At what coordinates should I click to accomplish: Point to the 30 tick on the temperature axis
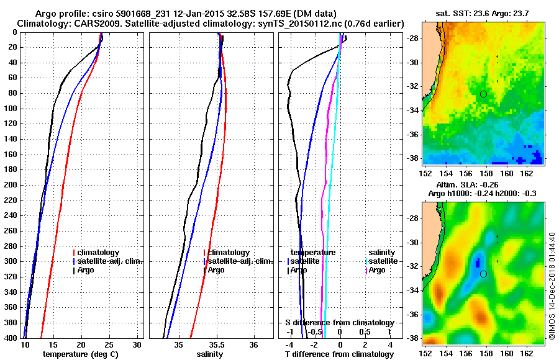(x=137, y=344)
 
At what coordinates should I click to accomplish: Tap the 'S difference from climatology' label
(x=339, y=323)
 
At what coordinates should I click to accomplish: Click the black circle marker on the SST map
(x=483, y=94)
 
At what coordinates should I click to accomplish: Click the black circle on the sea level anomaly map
(x=483, y=274)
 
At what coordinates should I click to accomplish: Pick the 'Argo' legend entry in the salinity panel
(x=216, y=270)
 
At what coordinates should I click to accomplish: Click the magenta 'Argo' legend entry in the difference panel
(x=377, y=270)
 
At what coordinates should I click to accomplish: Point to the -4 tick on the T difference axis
(x=289, y=344)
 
